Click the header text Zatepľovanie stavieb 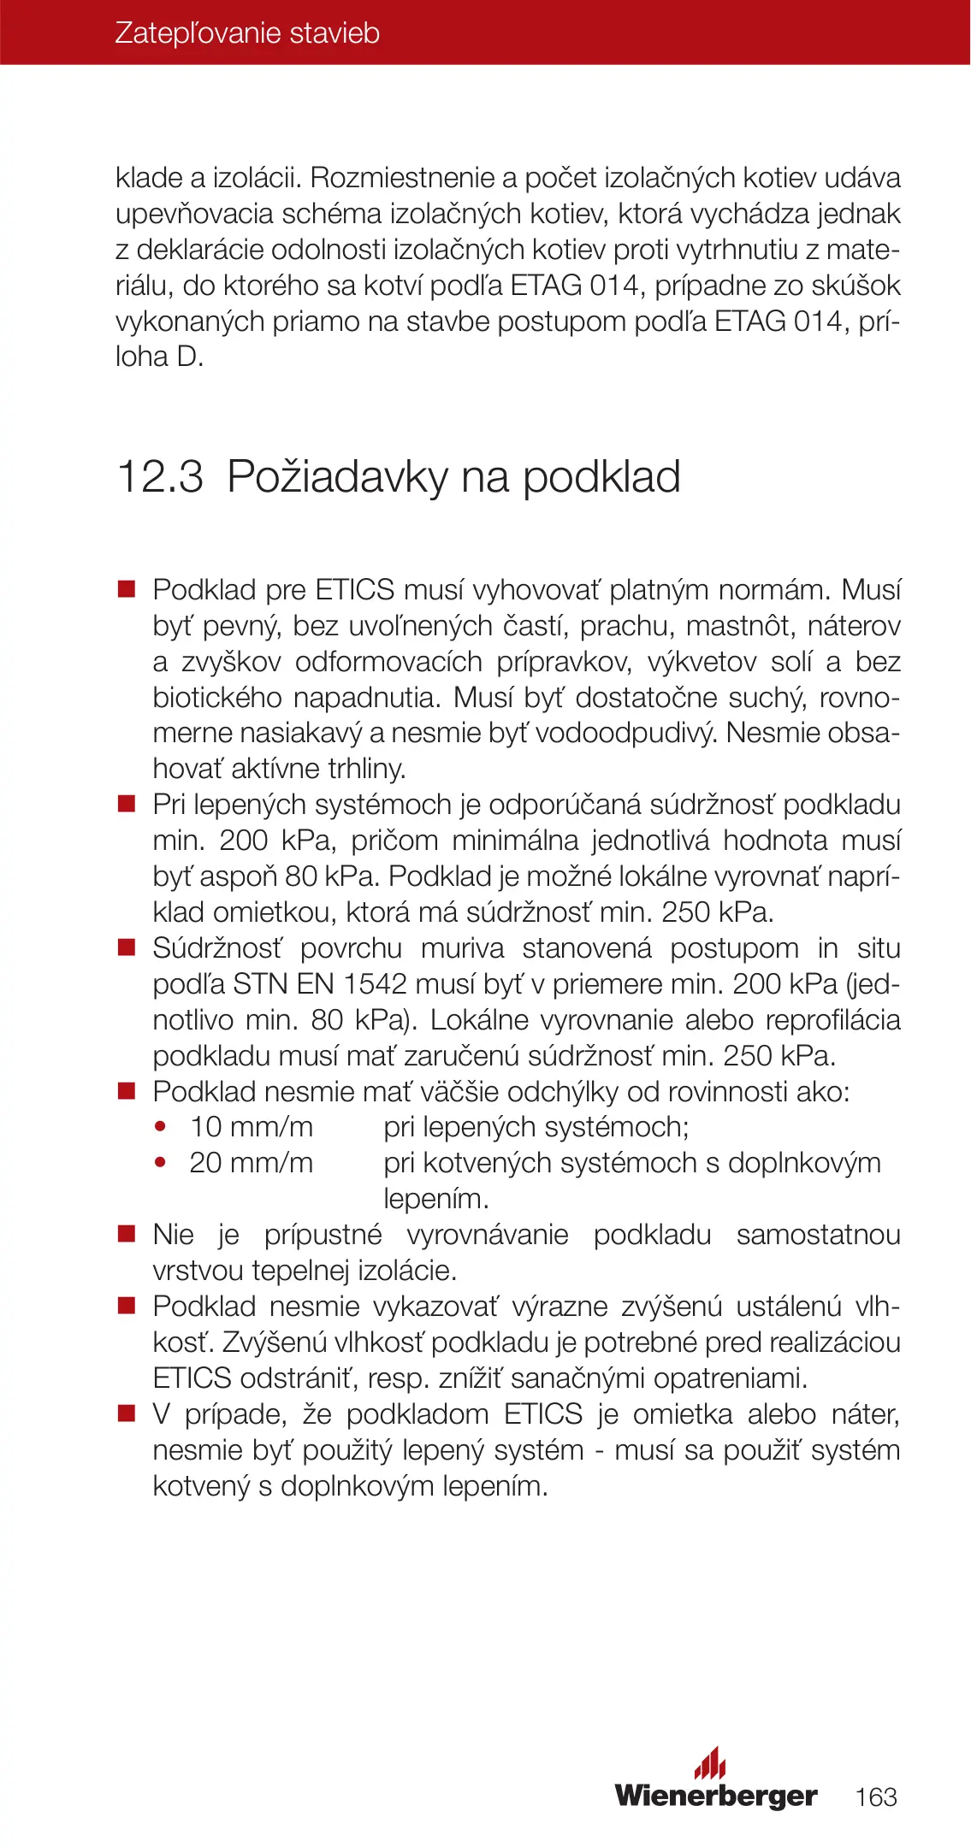(x=247, y=33)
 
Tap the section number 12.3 (x=160, y=476)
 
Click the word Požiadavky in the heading (x=337, y=476)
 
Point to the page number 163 (x=876, y=1797)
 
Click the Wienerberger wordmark (x=716, y=1796)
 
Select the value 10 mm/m (x=252, y=1127)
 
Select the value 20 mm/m (x=252, y=1163)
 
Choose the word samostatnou (x=818, y=1235)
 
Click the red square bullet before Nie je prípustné (x=127, y=1234)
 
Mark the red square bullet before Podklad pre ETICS (x=127, y=589)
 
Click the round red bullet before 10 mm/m (x=160, y=1127)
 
